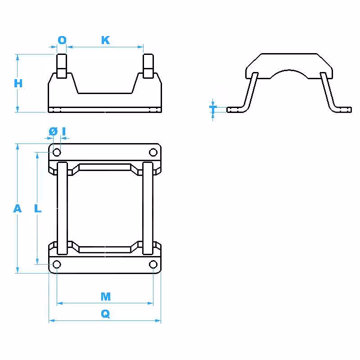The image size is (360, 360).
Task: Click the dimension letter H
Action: click(x=18, y=83)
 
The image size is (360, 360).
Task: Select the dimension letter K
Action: click(x=106, y=40)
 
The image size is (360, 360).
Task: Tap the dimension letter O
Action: click(x=62, y=40)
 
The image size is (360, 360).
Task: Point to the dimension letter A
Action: click(x=18, y=208)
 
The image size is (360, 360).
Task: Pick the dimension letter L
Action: click(x=38, y=208)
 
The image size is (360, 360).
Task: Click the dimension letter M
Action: click(x=106, y=297)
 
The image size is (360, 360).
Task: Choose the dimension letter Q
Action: click(x=105, y=314)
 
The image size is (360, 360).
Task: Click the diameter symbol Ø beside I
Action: click(x=53, y=131)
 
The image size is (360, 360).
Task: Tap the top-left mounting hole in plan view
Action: click(x=57, y=152)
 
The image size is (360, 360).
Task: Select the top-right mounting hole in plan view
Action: click(x=153, y=152)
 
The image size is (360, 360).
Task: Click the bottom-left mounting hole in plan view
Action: click(x=57, y=264)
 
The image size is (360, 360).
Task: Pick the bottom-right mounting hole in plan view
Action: click(x=153, y=264)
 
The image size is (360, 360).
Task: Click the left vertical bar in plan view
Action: click(x=62, y=208)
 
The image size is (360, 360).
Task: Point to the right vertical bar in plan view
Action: click(x=148, y=208)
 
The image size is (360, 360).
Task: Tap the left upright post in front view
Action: click(x=62, y=66)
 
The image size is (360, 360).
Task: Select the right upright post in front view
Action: click(x=148, y=66)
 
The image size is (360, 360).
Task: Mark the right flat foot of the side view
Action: click(x=342, y=110)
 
